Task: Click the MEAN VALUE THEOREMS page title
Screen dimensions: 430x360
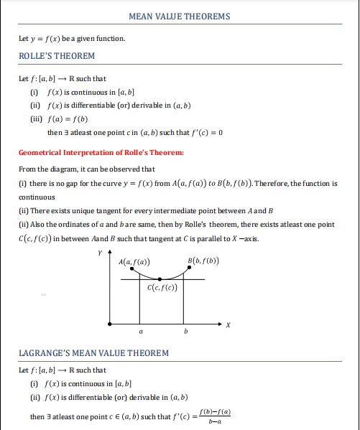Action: (x=179, y=16)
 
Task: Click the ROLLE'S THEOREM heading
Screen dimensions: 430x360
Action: (x=57, y=56)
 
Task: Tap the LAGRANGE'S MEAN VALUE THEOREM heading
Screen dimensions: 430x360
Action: (x=93, y=352)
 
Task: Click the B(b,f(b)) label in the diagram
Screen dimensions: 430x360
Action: (x=203, y=260)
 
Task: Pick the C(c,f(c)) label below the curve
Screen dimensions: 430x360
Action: (x=162, y=288)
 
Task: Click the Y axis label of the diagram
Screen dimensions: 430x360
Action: (x=100, y=253)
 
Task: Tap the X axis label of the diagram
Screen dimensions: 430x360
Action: (x=228, y=325)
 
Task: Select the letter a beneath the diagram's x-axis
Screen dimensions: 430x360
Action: (x=141, y=333)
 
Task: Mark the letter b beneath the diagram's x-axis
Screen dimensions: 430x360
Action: (x=186, y=333)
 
